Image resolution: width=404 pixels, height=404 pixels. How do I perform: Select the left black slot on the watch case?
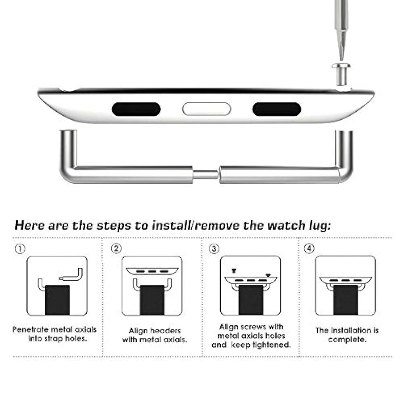point(136,109)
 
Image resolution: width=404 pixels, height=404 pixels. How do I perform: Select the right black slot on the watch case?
point(277,109)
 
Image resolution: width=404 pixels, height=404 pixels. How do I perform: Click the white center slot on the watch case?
point(207,109)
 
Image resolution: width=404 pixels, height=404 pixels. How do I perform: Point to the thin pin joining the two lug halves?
point(206,175)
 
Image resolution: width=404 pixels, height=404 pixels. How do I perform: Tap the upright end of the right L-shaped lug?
point(344,148)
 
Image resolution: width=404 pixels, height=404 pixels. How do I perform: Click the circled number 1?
point(20,249)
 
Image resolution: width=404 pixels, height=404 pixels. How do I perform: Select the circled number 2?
point(116,249)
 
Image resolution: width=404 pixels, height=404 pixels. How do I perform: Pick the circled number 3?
point(214,249)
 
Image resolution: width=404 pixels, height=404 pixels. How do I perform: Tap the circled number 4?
point(309,249)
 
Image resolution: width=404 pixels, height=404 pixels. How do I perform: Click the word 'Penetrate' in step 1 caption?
point(30,329)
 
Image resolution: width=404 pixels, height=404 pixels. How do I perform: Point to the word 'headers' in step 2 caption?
point(165,331)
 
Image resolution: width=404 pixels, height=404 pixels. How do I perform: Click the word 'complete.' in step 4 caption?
point(347,340)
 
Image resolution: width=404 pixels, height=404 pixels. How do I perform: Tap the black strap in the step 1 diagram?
point(57,300)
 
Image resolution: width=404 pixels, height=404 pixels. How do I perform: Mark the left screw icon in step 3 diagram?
point(234,271)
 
